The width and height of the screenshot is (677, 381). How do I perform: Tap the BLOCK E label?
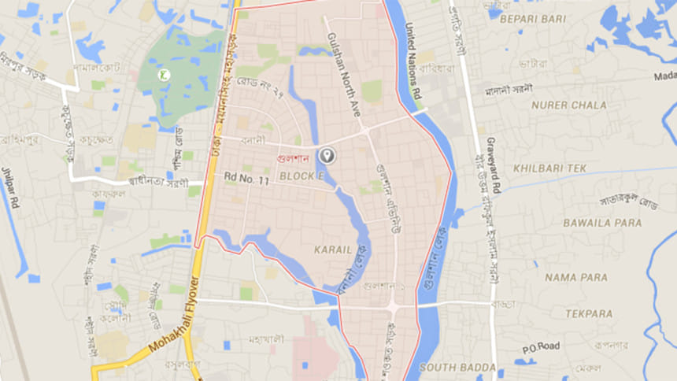pos(302,175)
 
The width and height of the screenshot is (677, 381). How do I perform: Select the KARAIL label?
pos(331,249)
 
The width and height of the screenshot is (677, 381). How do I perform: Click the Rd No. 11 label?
pos(246,180)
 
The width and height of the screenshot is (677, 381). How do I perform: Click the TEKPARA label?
pos(583,313)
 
